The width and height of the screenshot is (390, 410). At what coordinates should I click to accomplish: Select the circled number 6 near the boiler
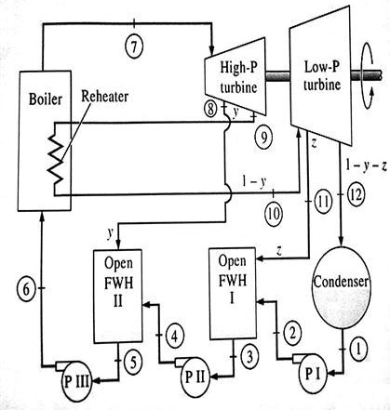27,289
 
